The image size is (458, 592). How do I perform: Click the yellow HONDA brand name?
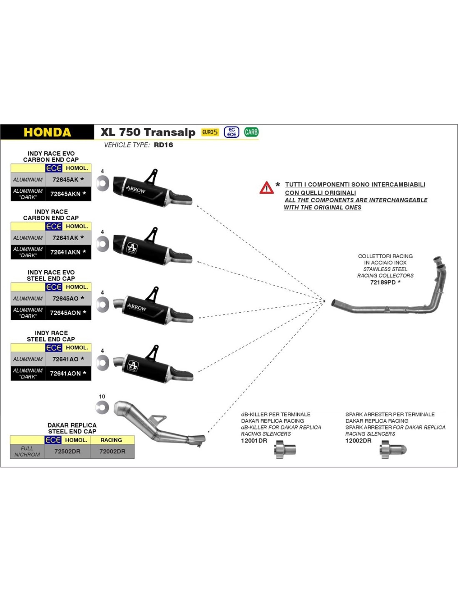click(x=47, y=132)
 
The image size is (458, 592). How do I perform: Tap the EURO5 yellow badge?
click(x=210, y=132)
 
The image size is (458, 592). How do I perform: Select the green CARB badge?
click(x=251, y=132)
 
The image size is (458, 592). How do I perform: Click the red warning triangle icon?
click(x=266, y=188)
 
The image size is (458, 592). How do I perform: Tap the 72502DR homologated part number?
click(x=67, y=451)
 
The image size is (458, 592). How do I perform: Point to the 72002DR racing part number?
click(x=112, y=451)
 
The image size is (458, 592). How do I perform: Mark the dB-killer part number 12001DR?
click(x=254, y=440)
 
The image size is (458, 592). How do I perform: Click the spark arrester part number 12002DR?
click(x=358, y=440)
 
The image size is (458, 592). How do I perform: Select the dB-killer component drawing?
click(x=285, y=450)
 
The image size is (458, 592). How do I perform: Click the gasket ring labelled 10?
click(x=102, y=408)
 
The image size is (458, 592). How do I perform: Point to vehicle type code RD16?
click(x=163, y=145)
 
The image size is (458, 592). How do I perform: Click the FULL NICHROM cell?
click(x=27, y=451)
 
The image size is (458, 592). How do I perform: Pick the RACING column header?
click(x=111, y=440)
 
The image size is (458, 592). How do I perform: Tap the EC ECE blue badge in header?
click(x=231, y=132)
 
